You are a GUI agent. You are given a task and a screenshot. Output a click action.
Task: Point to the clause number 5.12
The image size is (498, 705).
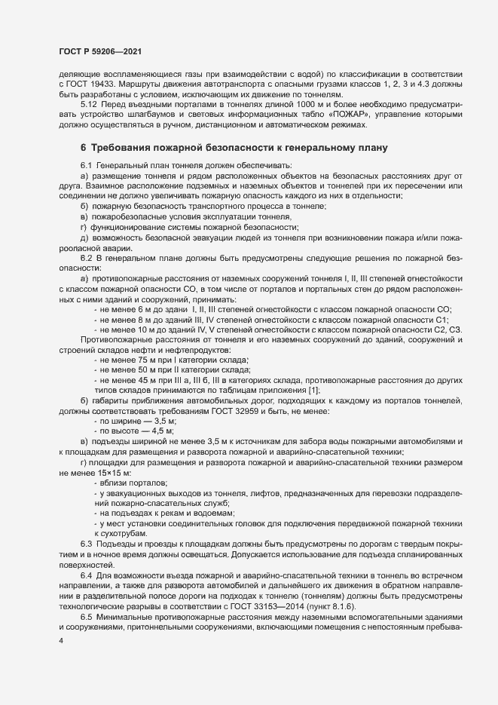click(89, 104)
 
